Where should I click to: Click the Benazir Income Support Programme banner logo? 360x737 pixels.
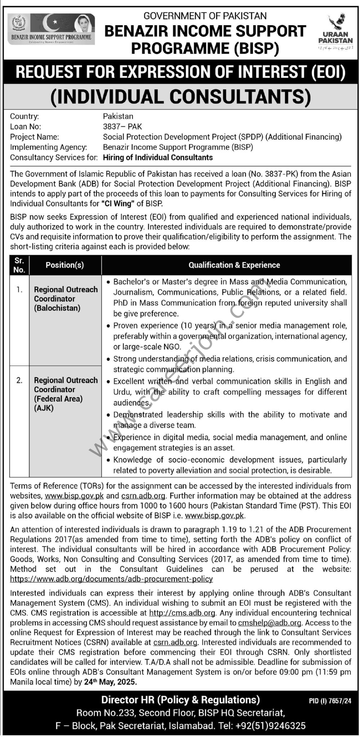(51, 29)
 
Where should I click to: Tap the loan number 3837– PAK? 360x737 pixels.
(122, 126)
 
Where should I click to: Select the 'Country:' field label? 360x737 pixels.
(24, 116)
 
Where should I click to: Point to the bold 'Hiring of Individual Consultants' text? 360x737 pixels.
(158, 157)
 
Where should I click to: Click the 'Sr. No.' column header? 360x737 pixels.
(19, 265)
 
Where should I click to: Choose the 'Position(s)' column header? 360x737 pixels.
(65, 265)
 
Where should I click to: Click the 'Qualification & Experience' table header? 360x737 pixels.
(234, 265)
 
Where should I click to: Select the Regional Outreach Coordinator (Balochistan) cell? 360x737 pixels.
(66, 299)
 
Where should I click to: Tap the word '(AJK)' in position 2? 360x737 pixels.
(44, 408)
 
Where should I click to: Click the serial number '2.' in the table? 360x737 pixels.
(19, 380)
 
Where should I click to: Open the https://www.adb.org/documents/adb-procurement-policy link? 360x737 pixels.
(111, 579)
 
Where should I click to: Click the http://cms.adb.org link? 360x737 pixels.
(182, 612)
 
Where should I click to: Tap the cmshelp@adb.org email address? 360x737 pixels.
(269, 623)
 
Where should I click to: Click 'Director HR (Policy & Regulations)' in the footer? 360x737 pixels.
(180, 700)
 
